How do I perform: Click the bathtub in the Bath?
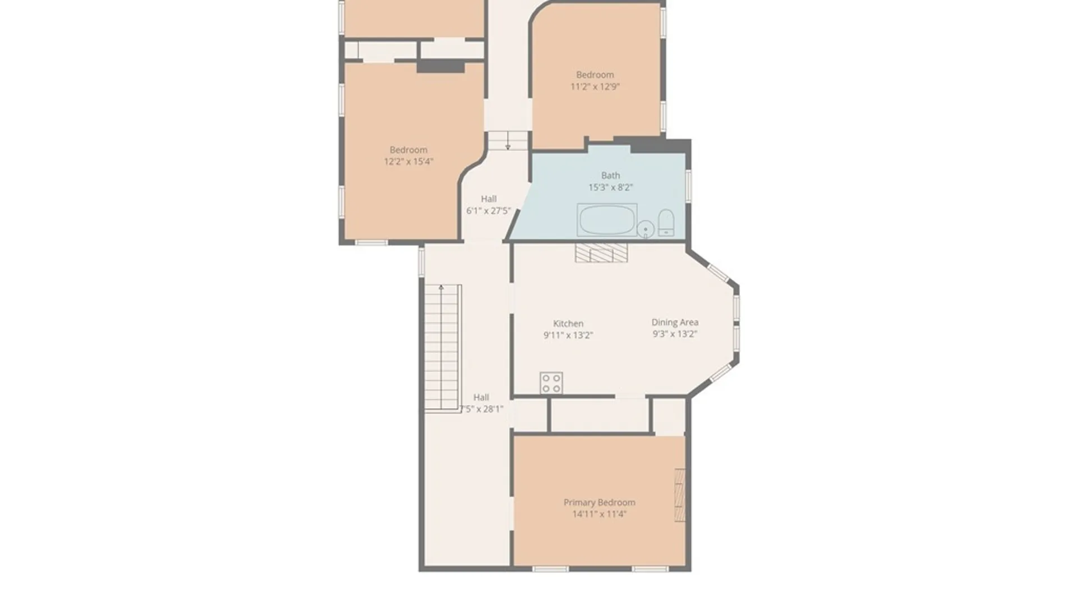[606, 220]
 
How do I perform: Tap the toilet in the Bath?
[666, 222]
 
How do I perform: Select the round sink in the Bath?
[645, 229]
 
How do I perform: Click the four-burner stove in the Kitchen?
[551, 383]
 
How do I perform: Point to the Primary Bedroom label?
[599, 502]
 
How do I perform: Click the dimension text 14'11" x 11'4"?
[599, 514]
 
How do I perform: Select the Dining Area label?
[674, 322]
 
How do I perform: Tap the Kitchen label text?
[568, 323]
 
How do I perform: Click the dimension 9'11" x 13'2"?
[568, 336]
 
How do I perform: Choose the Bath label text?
[610, 175]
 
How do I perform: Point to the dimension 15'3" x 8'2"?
[610, 187]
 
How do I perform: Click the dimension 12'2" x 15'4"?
[408, 162]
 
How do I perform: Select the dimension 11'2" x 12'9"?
[595, 86]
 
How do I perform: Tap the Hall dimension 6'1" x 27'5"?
[489, 211]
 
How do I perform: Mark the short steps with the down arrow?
[508, 141]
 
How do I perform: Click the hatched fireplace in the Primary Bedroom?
[680, 495]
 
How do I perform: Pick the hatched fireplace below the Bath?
[601, 252]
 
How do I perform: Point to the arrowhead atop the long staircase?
[441, 288]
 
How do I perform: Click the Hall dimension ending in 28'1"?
[481, 409]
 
